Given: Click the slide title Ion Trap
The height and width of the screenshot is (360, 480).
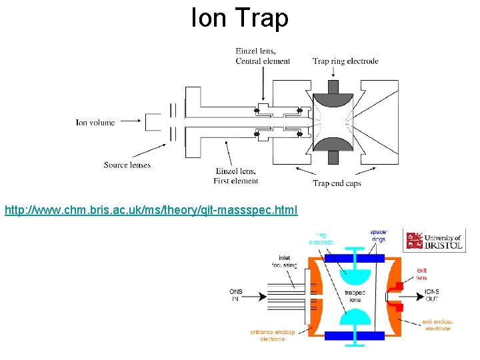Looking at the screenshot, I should click(239, 18).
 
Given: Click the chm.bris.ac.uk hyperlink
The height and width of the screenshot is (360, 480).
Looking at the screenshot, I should click(151, 211).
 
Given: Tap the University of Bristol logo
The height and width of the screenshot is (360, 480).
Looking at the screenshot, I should click(434, 240).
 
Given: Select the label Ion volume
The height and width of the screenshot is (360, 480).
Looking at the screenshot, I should click(95, 123).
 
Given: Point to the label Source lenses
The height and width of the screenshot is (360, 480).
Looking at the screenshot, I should click(127, 165).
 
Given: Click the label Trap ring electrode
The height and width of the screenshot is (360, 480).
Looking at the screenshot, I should click(345, 61).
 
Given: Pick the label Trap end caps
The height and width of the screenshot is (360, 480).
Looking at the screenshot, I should click(337, 183).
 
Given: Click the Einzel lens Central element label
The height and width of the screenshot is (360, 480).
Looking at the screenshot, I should click(263, 57).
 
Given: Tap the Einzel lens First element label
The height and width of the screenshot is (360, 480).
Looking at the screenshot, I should click(236, 176).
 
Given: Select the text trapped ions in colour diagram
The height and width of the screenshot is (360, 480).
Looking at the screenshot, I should click(355, 296).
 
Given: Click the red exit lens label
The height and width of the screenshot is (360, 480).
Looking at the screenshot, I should click(421, 274).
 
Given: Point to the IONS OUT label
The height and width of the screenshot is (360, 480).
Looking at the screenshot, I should click(431, 295).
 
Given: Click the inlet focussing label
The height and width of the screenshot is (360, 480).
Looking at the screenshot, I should click(285, 261).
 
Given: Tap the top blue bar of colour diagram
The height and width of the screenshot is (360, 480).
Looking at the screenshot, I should click(354, 258).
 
